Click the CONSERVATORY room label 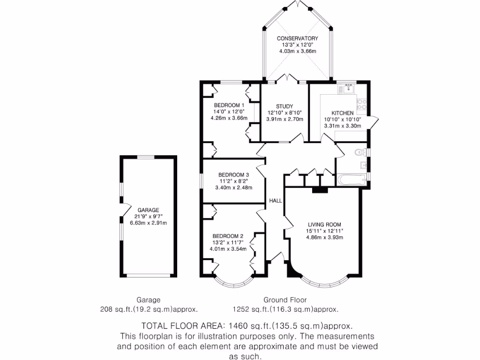297,38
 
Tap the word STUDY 284,106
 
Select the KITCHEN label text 343,113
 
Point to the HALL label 276,201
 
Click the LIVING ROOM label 324,224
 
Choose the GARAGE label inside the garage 148,210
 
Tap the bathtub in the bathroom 352,179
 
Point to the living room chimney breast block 320,190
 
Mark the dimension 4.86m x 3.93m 325,237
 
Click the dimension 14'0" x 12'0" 229,112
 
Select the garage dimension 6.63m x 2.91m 148,223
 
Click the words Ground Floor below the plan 285,300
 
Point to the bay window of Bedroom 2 234,283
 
